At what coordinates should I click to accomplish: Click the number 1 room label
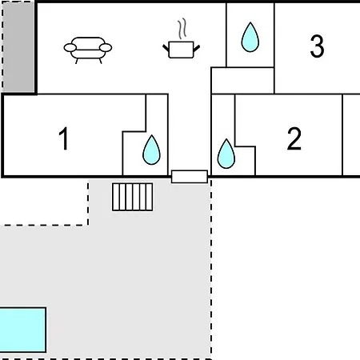(x=64, y=138)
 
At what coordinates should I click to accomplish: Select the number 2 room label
(x=294, y=138)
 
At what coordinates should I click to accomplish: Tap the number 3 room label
(x=317, y=46)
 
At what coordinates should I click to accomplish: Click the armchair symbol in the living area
(x=88, y=50)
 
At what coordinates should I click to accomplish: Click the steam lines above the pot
(x=182, y=29)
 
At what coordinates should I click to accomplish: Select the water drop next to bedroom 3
(x=250, y=37)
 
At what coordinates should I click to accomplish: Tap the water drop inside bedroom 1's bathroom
(x=151, y=150)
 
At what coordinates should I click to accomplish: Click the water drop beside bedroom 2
(x=226, y=154)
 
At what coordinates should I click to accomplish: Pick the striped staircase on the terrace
(x=133, y=197)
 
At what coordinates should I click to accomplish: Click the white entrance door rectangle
(x=190, y=177)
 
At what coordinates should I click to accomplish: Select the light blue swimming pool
(x=23, y=330)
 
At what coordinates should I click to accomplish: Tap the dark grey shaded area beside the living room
(x=18, y=46)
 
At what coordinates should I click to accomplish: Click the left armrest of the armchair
(x=70, y=48)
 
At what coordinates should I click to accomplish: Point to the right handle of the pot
(x=197, y=48)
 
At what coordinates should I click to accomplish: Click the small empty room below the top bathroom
(x=242, y=81)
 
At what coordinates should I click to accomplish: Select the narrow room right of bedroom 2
(x=351, y=134)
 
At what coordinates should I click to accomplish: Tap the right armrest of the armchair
(x=106, y=48)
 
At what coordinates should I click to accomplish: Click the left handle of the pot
(x=166, y=48)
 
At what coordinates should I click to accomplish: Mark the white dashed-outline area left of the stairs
(x=44, y=202)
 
